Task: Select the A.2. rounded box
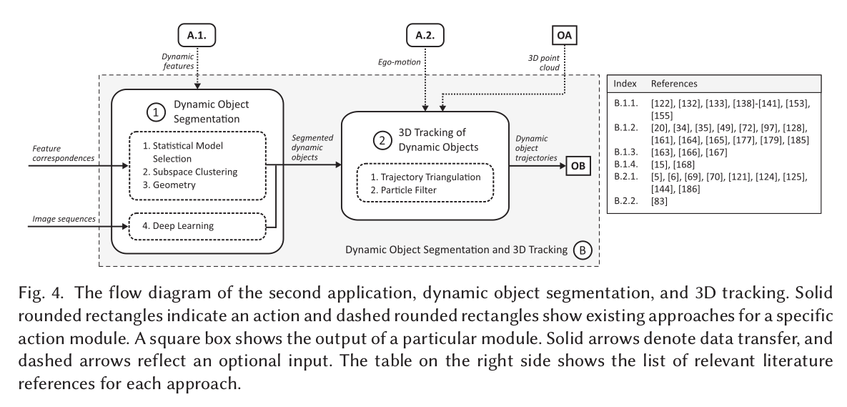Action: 425,34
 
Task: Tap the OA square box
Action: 564,34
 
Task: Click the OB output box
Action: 580,167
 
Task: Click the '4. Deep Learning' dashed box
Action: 194,227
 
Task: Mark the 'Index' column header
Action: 626,84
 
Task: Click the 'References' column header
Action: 675,84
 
